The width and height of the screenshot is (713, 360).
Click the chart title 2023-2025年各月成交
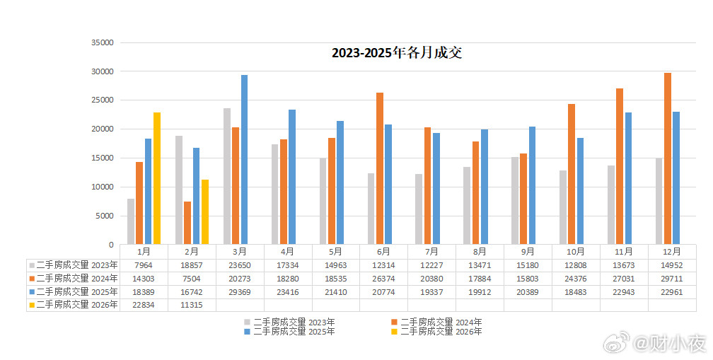397,53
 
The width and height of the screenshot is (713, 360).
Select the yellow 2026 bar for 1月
157,178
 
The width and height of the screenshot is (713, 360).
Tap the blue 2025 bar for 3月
244,160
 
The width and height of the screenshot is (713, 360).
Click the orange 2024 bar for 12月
668,158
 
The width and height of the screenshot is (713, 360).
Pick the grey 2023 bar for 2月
179,190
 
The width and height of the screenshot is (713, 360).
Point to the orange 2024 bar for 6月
380,168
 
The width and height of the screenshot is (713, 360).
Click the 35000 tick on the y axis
103,42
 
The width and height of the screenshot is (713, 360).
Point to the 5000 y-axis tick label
105,216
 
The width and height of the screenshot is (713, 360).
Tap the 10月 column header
576,251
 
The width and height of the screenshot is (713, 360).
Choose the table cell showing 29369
240,291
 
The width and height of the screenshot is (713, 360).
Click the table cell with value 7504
192,278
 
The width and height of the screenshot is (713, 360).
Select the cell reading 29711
672,278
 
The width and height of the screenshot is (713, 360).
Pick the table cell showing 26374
383,278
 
